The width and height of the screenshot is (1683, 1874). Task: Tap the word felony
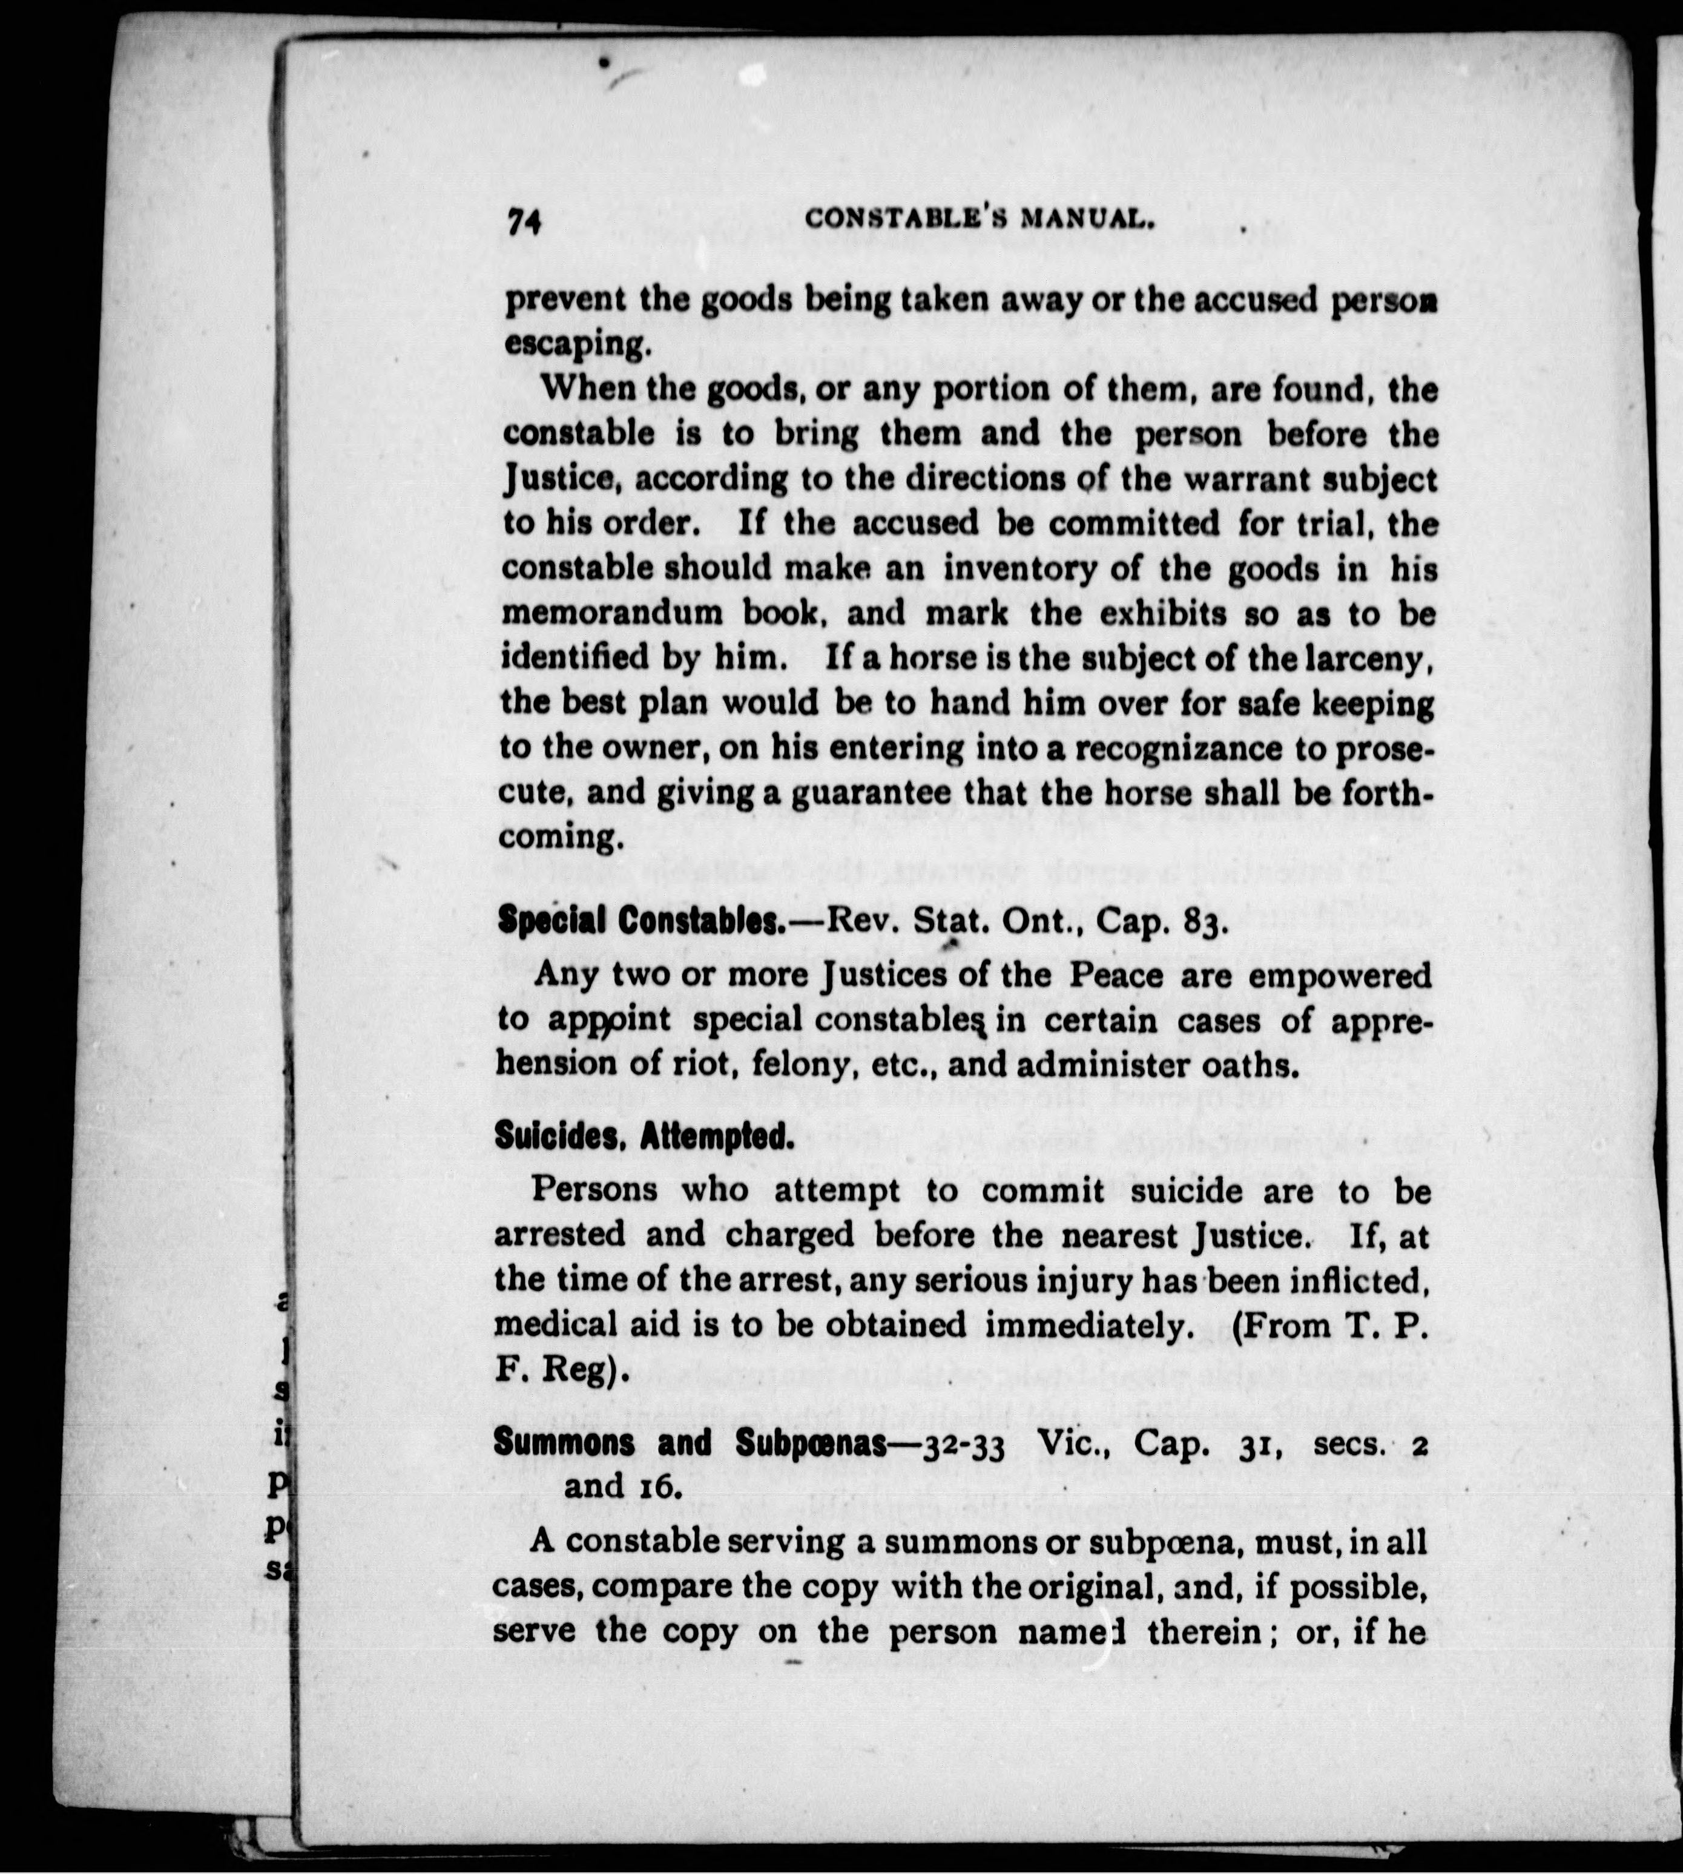(x=788, y=1065)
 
